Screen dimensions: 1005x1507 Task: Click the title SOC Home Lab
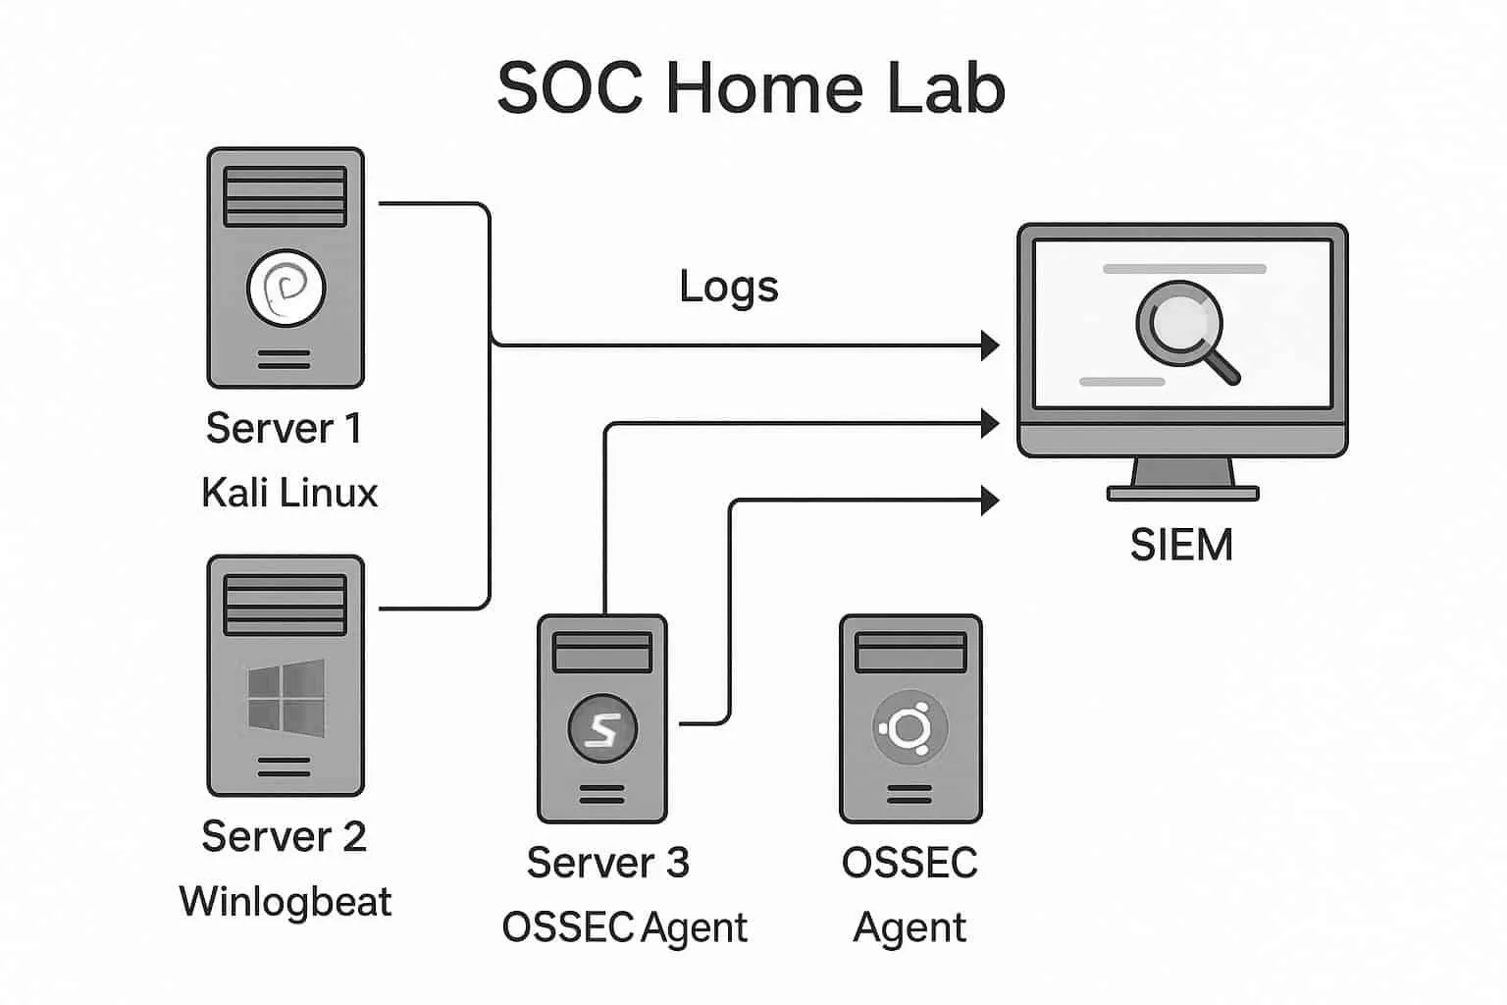point(752,88)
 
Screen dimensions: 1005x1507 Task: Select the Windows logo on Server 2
point(286,697)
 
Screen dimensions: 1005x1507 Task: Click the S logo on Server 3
point(602,729)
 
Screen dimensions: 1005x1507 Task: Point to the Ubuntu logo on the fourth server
point(909,729)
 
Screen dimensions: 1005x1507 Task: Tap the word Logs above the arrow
point(729,287)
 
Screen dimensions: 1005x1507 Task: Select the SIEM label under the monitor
point(1181,545)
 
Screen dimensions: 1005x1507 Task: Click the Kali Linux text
point(289,493)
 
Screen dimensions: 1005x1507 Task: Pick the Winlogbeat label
point(286,901)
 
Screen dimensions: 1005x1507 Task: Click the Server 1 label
point(284,428)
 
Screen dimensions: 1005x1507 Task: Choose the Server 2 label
point(284,836)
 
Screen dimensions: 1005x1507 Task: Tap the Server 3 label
point(607,863)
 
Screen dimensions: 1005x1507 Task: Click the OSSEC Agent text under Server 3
point(624,927)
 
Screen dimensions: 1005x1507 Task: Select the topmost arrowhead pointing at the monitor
point(990,345)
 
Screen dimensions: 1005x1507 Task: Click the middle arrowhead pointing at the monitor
point(990,423)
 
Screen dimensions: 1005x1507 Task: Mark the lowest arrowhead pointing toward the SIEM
point(990,500)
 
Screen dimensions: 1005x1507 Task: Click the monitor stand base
point(1182,494)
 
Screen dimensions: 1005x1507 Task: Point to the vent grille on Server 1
point(286,196)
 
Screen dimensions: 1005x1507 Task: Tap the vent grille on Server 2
point(286,605)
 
